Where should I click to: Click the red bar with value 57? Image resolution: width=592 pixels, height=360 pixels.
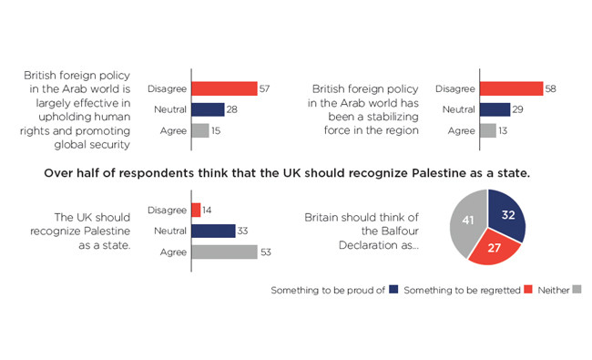224,88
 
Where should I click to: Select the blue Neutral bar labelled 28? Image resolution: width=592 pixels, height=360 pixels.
208,109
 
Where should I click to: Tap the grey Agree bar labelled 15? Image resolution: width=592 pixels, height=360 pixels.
200,130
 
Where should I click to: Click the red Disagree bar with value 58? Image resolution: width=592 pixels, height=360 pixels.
512,88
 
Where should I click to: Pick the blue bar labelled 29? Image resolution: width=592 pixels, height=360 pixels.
495,109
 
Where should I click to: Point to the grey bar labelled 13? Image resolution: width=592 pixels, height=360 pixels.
488,130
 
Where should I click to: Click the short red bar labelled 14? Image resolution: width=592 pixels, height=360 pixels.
196,210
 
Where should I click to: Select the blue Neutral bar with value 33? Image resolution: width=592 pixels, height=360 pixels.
213,231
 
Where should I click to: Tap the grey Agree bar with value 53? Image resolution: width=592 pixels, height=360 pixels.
224,252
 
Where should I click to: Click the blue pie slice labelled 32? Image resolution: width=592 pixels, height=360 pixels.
505,215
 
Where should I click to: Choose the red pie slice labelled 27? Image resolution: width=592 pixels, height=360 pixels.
494,247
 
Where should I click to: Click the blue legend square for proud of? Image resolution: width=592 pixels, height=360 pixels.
393,289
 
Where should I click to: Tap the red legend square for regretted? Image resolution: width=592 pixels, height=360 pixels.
528,289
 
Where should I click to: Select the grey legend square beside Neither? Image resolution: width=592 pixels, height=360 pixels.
577,289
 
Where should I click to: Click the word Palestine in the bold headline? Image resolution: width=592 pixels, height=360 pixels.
437,173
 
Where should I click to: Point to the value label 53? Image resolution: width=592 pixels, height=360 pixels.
266,252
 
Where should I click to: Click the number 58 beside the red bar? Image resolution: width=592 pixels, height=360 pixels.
550,88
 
